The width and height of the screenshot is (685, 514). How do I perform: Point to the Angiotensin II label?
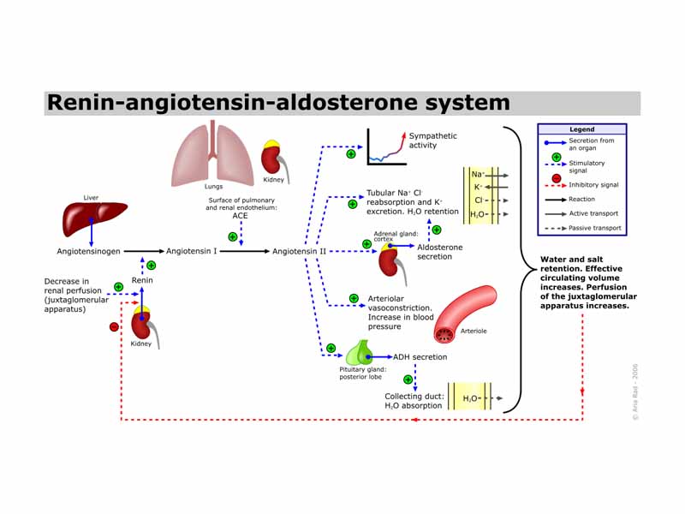[x=299, y=252]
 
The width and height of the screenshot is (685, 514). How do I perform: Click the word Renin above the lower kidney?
[x=142, y=279]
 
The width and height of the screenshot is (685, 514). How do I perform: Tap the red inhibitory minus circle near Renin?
[x=114, y=326]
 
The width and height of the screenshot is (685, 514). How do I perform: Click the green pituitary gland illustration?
[x=360, y=354]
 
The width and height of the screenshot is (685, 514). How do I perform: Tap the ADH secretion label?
[x=420, y=357]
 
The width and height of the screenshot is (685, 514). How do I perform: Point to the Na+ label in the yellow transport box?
[x=478, y=175]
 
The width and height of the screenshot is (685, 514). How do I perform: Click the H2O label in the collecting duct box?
[x=471, y=398]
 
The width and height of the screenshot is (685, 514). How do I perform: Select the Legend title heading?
[x=581, y=129]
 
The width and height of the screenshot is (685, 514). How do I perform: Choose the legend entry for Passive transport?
[x=593, y=228]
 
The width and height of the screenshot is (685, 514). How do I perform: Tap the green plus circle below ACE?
[x=232, y=236]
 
